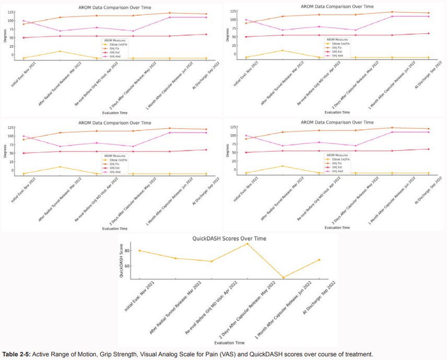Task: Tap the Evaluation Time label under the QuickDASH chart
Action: tap(230, 343)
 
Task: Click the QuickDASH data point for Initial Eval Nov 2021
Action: tap(139, 251)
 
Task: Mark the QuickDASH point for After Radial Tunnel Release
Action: tap(175, 258)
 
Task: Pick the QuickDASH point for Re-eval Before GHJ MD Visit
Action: tap(211, 261)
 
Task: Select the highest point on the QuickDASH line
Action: tap(248, 244)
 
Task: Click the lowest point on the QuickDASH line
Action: tap(284, 278)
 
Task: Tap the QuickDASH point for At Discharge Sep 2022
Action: tap(319, 260)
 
